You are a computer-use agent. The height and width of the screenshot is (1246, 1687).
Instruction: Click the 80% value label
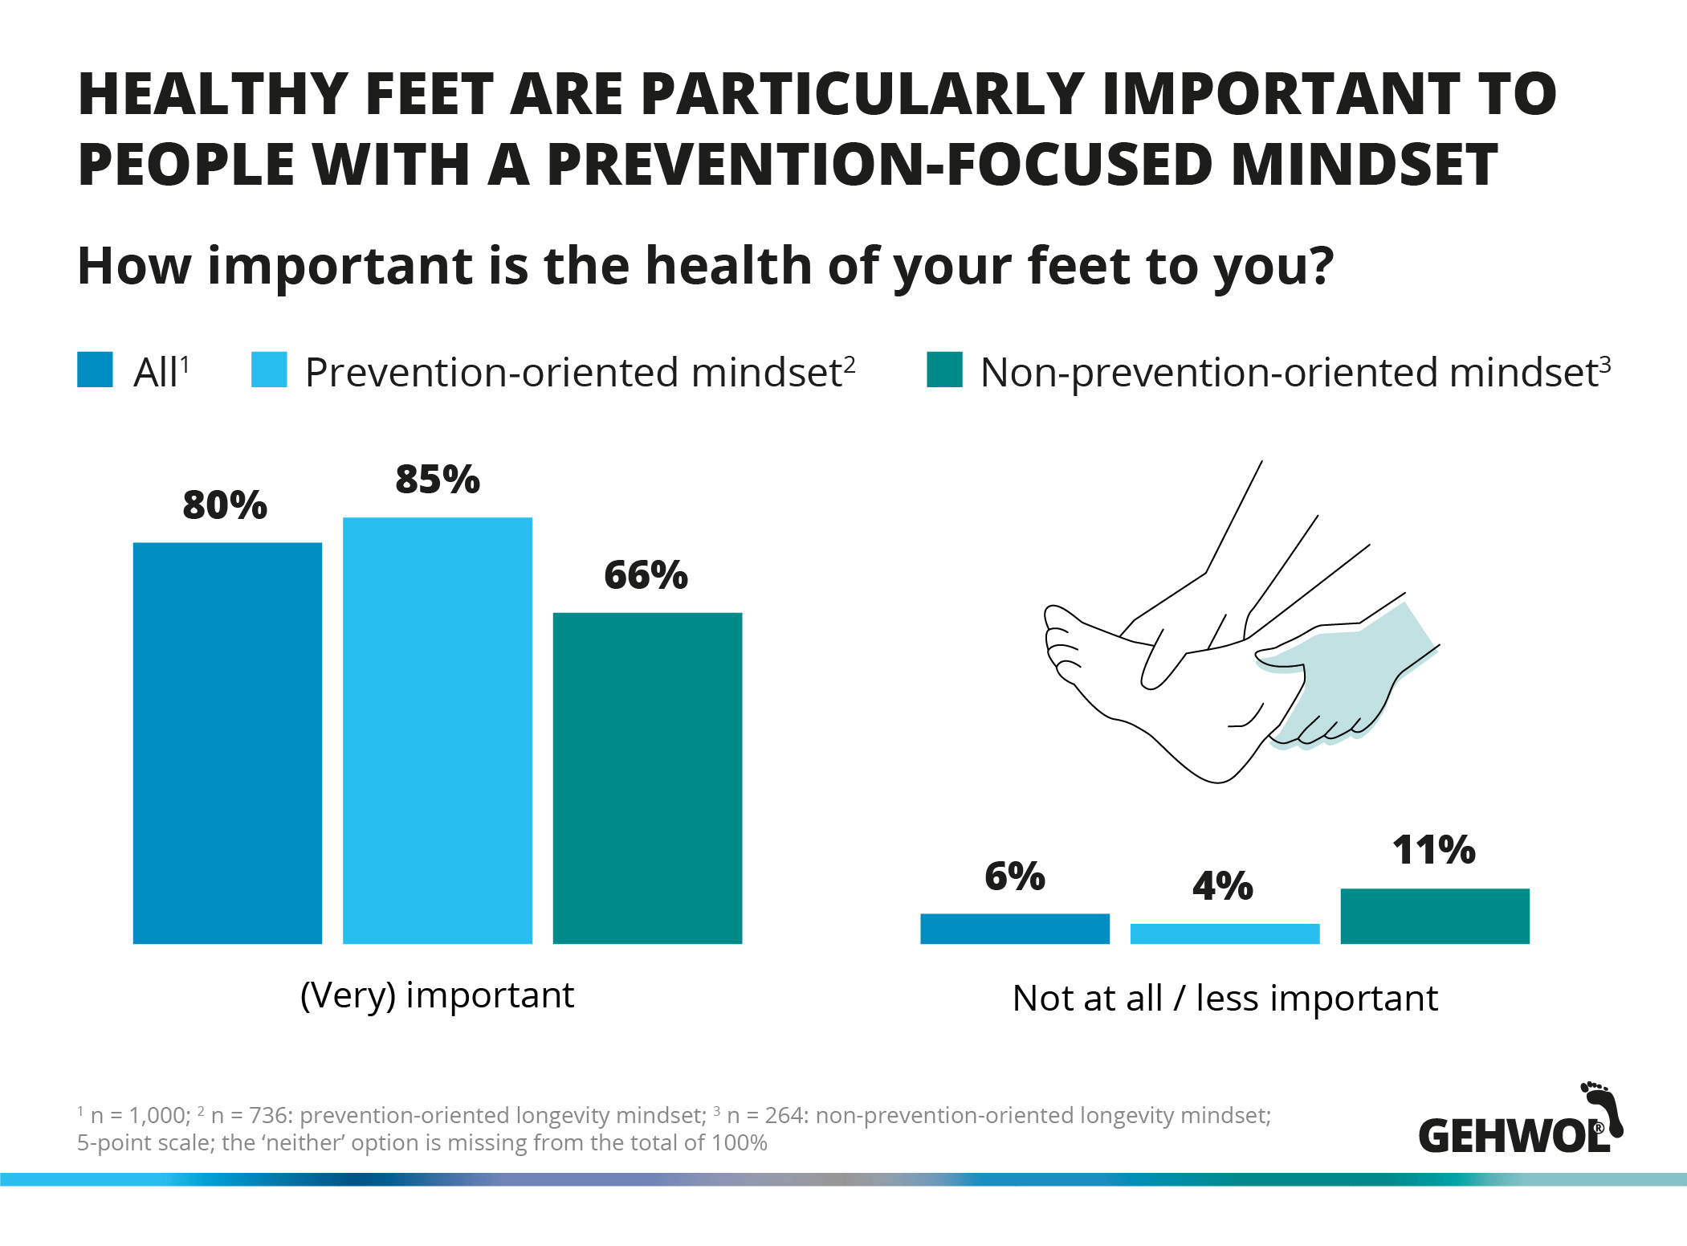click(225, 505)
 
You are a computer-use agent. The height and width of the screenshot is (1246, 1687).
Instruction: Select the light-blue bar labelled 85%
click(438, 730)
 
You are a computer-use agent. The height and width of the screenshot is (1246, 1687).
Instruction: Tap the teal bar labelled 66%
click(647, 778)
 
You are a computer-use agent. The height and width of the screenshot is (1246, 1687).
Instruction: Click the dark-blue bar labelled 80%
click(227, 743)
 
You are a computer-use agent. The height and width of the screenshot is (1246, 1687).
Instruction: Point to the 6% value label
click(1015, 876)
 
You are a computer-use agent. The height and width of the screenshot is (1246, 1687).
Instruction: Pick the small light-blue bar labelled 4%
click(1225, 933)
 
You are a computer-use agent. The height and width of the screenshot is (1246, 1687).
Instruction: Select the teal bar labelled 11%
click(1435, 916)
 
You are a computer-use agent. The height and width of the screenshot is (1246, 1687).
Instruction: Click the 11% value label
click(1434, 850)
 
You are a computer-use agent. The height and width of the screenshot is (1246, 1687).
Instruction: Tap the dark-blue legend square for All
click(95, 370)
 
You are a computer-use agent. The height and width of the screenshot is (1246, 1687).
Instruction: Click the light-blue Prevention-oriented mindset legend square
click(269, 370)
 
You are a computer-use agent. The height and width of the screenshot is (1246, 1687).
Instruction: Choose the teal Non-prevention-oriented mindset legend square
click(944, 370)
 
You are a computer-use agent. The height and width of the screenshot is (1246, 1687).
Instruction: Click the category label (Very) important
click(438, 996)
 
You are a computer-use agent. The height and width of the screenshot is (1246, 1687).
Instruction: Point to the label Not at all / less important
click(1225, 999)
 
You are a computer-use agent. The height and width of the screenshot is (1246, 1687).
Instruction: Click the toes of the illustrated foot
click(1062, 643)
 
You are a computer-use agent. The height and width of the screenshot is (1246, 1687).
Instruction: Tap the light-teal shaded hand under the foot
click(1349, 675)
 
